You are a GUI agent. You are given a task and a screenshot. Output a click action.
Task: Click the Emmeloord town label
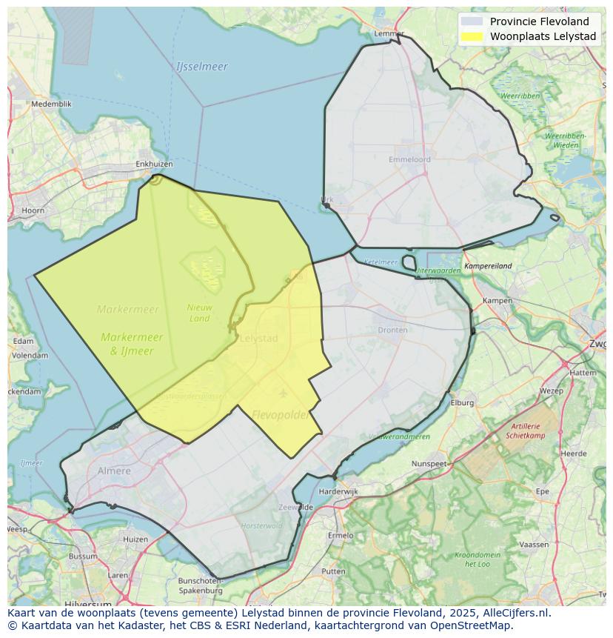click(409, 159)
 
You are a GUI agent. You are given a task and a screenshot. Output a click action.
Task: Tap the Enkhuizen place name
click(154, 165)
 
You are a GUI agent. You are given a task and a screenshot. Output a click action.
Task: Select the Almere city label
click(114, 471)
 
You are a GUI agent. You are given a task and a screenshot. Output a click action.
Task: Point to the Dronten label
click(392, 330)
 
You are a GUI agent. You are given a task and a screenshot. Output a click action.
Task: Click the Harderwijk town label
click(338, 491)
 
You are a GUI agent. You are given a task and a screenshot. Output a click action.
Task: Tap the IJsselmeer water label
click(202, 67)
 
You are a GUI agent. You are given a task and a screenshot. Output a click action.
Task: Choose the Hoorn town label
click(33, 210)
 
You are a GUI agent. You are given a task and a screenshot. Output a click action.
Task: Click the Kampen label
click(497, 301)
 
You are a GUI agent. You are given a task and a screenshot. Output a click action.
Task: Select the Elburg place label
click(462, 403)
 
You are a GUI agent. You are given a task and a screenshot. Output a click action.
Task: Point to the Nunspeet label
click(429, 464)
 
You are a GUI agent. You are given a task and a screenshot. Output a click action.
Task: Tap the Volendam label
click(30, 355)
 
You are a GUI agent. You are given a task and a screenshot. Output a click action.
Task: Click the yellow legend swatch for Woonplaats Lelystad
click(471, 36)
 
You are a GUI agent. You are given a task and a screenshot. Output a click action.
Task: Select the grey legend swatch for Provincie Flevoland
click(471, 21)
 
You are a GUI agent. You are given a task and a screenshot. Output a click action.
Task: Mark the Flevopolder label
click(281, 415)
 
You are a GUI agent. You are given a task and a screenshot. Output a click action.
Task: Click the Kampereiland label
click(488, 266)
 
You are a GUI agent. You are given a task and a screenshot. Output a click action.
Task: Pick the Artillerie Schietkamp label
click(526, 431)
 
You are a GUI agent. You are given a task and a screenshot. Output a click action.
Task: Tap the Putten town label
click(333, 571)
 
